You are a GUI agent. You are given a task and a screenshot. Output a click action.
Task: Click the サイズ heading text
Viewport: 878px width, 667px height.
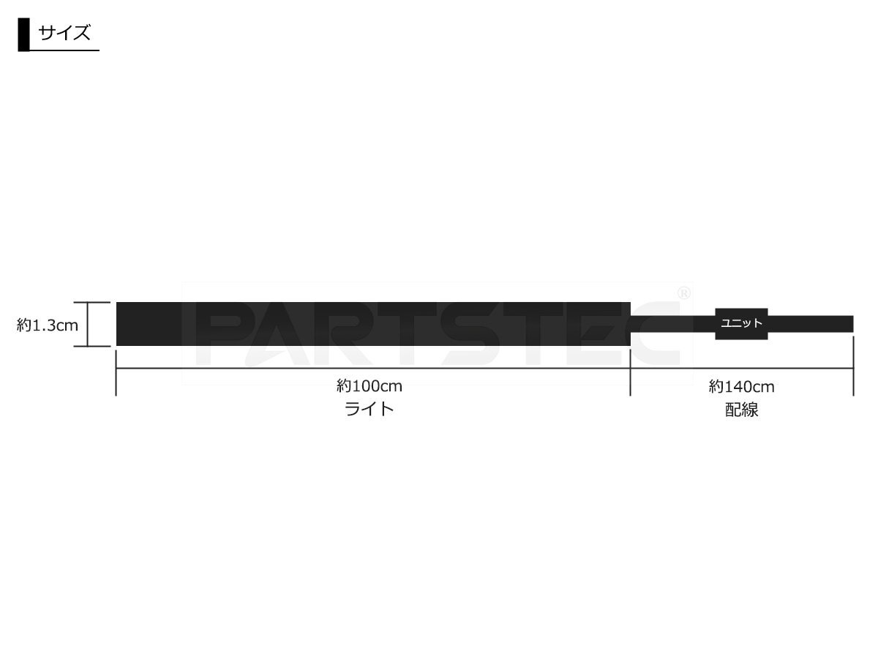(x=64, y=33)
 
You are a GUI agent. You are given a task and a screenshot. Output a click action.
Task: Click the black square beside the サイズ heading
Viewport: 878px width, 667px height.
(x=23, y=34)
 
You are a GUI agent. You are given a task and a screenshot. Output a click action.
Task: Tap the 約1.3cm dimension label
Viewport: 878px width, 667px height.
(x=48, y=325)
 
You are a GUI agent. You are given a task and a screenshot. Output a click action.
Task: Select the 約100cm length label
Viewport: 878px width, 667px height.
(x=369, y=386)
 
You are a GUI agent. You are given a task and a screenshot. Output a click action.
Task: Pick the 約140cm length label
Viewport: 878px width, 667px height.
(x=742, y=387)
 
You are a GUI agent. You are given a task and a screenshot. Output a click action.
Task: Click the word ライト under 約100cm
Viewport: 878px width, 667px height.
(x=369, y=409)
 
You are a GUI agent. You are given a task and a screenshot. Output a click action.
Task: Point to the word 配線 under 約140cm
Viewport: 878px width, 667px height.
(x=742, y=410)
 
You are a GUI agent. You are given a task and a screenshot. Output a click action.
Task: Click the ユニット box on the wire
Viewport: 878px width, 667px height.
(x=741, y=324)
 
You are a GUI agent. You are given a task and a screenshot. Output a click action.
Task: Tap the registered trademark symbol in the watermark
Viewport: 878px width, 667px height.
(x=684, y=294)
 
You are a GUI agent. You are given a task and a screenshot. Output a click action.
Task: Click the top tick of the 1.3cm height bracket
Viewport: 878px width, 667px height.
(x=92, y=303)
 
